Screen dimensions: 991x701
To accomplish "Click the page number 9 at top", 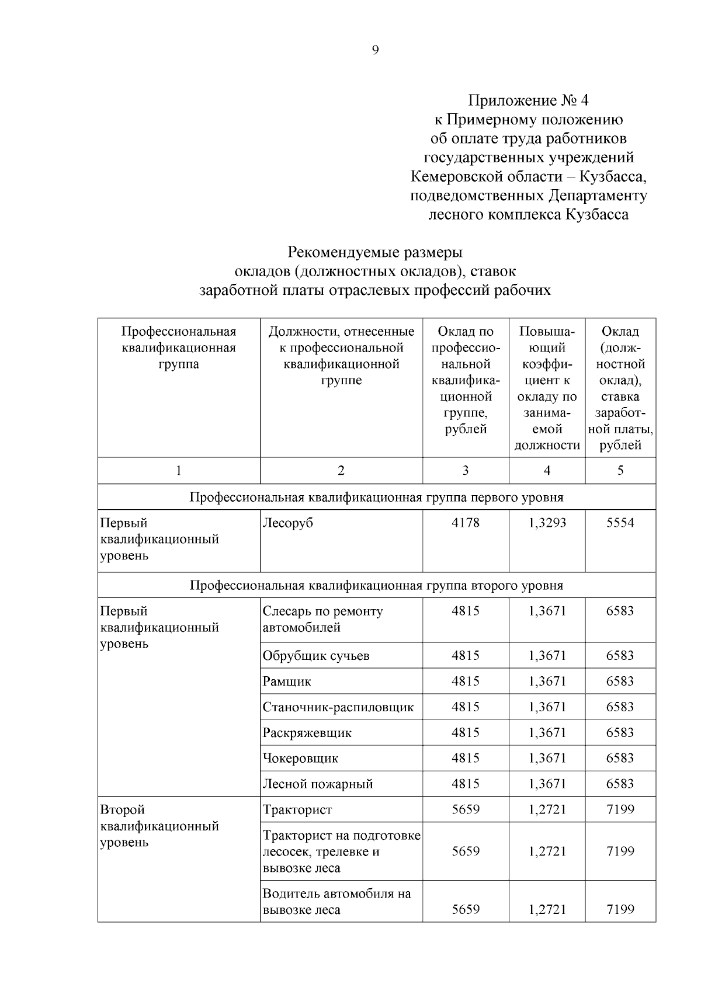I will tap(375, 50).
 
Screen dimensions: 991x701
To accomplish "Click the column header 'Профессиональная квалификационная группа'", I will tap(179, 347).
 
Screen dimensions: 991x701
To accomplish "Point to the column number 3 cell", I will tap(465, 471).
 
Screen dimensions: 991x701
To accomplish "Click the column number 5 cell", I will tap(620, 471).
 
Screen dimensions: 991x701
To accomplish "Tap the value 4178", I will tap(465, 523).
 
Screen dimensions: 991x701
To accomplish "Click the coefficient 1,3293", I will tap(547, 523).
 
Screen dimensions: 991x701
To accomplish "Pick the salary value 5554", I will tap(620, 523).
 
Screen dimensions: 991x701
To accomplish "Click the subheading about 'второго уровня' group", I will tap(376, 585).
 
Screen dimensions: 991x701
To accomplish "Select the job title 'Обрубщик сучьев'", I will tap(316, 656).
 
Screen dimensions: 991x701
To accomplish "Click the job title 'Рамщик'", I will tap(287, 681).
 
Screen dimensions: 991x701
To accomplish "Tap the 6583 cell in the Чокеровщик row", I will tap(620, 759).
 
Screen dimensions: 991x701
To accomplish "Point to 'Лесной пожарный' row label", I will tap(318, 784).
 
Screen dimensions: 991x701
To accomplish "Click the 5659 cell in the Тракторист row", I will tap(465, 810).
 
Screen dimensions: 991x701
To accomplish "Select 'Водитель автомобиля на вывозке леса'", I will tap(336, 902).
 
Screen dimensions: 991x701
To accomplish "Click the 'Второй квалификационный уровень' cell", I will tap(159, 826).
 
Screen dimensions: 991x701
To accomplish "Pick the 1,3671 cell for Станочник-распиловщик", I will tap(547, 707).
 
